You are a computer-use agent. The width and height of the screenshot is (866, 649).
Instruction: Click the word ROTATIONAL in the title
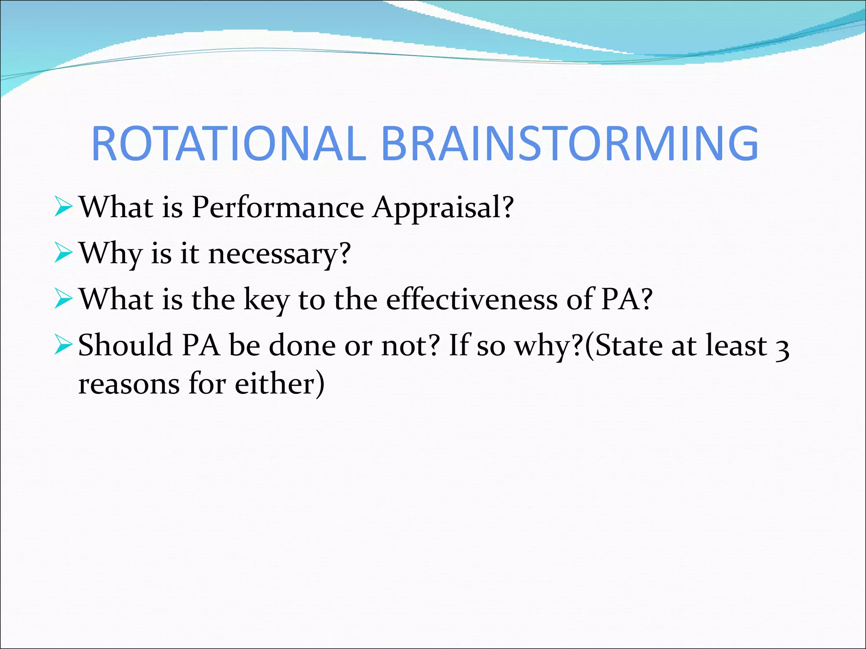coord(228,144)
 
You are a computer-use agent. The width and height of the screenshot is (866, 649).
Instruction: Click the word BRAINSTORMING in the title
coord(570,144)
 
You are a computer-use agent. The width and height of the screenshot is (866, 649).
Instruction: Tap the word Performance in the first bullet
coord(277,208)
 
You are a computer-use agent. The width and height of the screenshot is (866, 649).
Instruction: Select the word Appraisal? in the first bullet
coord(443,208)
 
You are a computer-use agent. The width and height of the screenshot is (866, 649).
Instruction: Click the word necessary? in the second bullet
coord(280,254)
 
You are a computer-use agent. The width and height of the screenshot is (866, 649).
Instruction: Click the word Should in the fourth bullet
coord(125,346)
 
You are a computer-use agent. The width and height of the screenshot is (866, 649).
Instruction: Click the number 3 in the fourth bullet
coord(783,349)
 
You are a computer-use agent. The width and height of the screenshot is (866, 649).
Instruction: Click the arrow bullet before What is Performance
coord(63,208)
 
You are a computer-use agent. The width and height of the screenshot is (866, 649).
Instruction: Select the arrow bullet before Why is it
coord(63,254)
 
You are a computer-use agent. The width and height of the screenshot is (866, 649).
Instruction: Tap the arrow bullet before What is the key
coord(63,300)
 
